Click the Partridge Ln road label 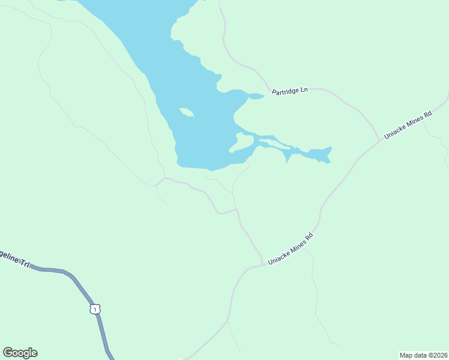click(x=289, y=91)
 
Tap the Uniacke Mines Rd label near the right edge click(x=408, y=125)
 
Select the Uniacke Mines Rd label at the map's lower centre click(x=291, y=249)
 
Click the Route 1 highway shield click(x=94, y=309)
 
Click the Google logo click(x=20, y=353)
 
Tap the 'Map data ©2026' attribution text click(x=423, y=355)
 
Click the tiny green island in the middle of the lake click(x=186, y=112)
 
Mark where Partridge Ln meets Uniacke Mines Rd click(x=380, y=140)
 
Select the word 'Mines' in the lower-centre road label click(x=295, y=246)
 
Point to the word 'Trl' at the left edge click(x=24, y=263)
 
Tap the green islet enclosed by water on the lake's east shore click(x=243, y=143)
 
